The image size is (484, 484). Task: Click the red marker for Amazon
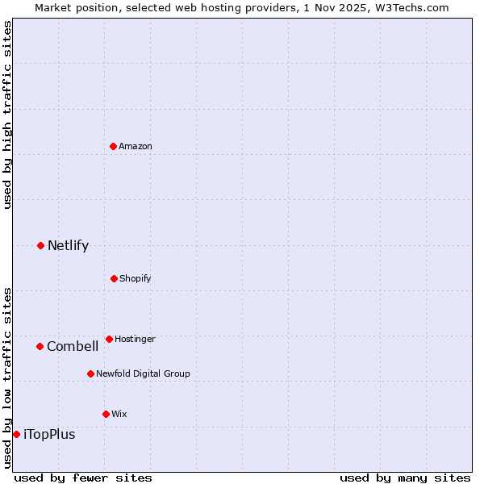(x=114, y=146)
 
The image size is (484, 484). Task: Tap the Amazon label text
(x=136, y=146)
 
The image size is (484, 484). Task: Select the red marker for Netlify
(x=41, y=245)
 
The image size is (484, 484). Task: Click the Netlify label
(x=68, y=245)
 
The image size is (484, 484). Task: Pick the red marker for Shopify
(x=114, y=278)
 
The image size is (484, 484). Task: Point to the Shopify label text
(x=136, y=278)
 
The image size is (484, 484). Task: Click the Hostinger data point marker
(x=109, y=339)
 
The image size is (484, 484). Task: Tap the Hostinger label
(x=135, y=339)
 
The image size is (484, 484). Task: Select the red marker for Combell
(x=40, y=346)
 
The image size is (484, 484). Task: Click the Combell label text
(x=73, y=346)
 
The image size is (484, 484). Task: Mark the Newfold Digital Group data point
(x=90, y=373)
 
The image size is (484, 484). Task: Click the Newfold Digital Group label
(x=143, y=373)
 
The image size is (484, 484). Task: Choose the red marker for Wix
(x=106, y=414)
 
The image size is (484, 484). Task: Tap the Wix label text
(x=119, y=414)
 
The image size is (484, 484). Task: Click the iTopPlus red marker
(x=16, y=434)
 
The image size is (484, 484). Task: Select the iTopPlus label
(x=49, y=434)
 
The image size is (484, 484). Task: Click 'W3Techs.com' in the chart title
(x=415, y=7)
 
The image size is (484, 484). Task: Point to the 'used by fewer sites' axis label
(x=83, y=478)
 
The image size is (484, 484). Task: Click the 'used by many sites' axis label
(x=405, y=478)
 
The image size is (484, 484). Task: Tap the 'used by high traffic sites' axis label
(x=7, y=115)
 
